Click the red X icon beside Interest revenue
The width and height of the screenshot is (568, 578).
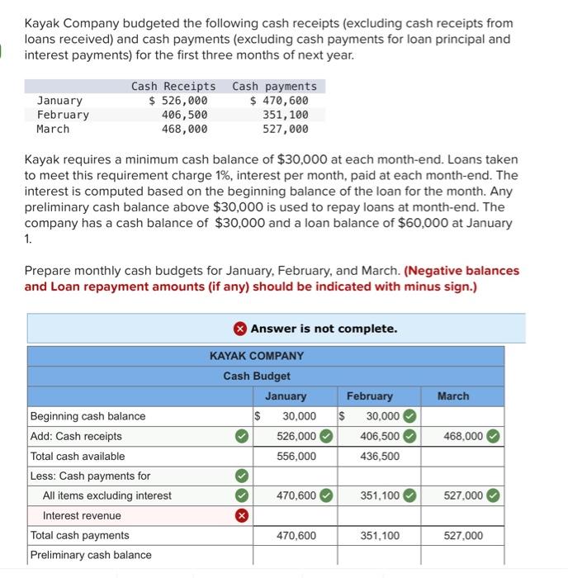point(241,515)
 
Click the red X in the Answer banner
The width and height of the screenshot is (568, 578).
point(239,329)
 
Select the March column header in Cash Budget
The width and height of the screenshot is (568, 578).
point(453,396)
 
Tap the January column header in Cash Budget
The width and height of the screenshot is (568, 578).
point(285,396)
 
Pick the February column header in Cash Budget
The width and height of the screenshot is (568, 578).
point(369,396)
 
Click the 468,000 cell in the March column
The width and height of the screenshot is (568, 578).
point(461,436)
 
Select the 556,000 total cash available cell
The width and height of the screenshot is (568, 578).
point(296,456)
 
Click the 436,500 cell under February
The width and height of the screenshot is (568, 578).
point(380,456)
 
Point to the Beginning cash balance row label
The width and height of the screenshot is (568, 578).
point(88,416)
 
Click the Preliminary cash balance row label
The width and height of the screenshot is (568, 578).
point(91,555)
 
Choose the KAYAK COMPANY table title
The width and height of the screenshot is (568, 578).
point(256,356)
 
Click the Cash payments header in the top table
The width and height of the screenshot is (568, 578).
point(274,86)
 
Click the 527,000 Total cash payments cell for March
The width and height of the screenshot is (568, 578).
point(462,535)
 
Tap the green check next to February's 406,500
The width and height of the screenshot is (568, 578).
point(407,436)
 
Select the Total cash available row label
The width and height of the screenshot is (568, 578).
point(78,456)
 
